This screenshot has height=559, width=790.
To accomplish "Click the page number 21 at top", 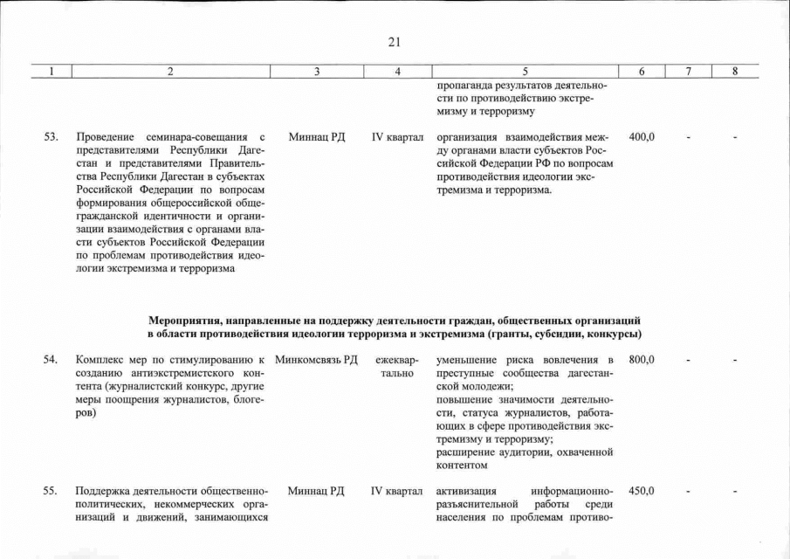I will pos(394,41).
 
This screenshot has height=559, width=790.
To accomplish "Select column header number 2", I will pos(170,72).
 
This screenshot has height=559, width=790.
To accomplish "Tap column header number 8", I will pos(735,72).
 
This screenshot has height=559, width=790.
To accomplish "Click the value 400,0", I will pos(642,137).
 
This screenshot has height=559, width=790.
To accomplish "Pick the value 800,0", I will pos(642,360).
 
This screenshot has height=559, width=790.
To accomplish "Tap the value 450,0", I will pos(642,491).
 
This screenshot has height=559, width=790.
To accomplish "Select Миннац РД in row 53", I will pos(316,137).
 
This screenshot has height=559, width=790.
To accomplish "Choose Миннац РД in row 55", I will pos(316,491).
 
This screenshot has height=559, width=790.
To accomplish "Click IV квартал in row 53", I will pos(397,137).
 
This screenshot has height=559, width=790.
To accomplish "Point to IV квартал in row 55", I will pos(397,491).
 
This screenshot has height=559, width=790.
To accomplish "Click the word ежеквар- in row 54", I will pos(397,360).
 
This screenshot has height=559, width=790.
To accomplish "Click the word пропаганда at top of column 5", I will pos(464,86).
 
